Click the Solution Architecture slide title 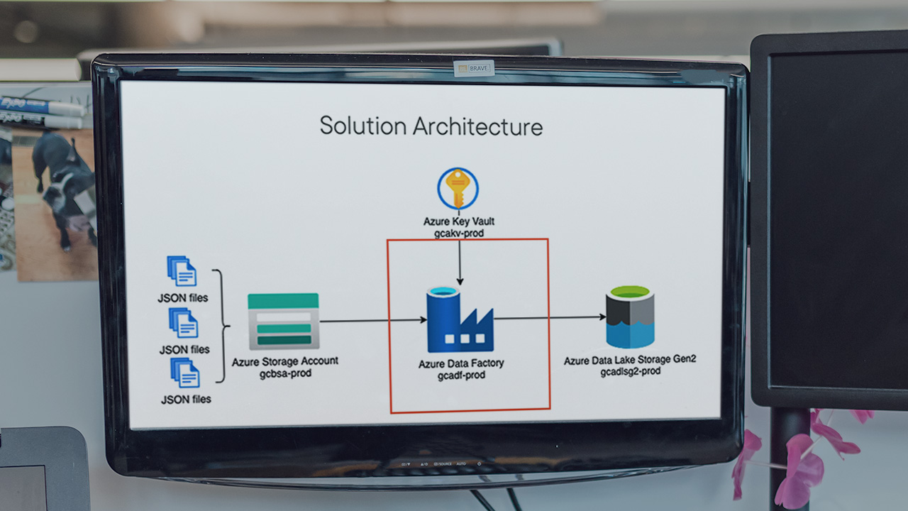(x=431, y=126)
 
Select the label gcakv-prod (x=458, y=233)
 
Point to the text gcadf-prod (x=461, y=375)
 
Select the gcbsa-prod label (x=285, y=373)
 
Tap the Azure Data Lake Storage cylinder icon (x=629, y=317)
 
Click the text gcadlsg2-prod (x=631, y=371)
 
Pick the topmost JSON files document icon (x=182, y=271)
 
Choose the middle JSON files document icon (x=183, y=323)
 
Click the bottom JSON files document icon (x=184, y=373)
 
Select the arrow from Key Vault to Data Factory (x=459, y=262)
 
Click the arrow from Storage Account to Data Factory (x=372, y=320)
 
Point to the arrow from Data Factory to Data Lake (x=549, y=318)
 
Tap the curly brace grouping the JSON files (x=221, y=326)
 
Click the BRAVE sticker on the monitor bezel (x=474, y=69)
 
